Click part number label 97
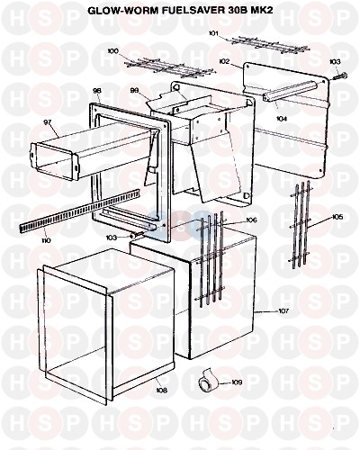point(48,122)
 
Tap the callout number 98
point(97,90)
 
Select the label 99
point(135,90)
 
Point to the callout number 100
point(113,51)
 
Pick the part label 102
point(225,62)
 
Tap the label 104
point(282,119)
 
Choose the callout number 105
point(337,217)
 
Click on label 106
point(251,220)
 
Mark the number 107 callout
point(283,311)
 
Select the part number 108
point(161,390)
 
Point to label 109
point(237,382)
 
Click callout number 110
point(46,240)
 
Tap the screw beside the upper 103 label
point(340,76)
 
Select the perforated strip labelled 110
point(80,211)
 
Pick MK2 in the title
point(263,11)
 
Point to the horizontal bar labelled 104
point(291,92)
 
